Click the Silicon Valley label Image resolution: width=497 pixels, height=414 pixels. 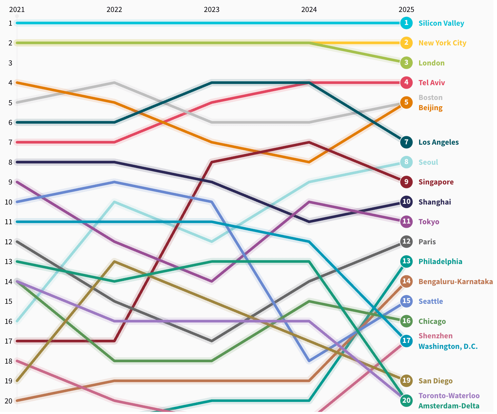pyautogui.click(x=441, y=23)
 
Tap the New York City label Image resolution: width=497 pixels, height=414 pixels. pyautogui.click(x=442, y=43)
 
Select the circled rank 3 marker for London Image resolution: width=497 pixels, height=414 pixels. pyautogui.click(x=406, y=63)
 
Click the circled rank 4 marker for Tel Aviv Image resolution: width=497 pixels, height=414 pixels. pyautogui.click(x=406, y=83)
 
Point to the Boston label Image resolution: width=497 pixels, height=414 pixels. pyautogui.click(x=430, y=98)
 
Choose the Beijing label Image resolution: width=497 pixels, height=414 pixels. pyautogui.click(x=430, y=108)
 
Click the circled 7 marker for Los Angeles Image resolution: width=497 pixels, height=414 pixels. pyautogui.click(x=406, y=142)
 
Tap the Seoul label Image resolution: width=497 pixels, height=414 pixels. pyautogui.click(x=428, y=162)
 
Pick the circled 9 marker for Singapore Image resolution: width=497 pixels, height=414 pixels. pyautogui.click(x=406, y=182)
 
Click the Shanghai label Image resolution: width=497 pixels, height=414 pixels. pyautogui.click(x=434, y=202)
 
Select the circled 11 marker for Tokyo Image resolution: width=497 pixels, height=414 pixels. pyautogui.click(x=406, y=222)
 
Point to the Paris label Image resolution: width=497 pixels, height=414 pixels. pyautogui.click(x=427, y=242)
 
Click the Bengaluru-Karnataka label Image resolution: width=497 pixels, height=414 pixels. pyautogui.click(x=455, y=282)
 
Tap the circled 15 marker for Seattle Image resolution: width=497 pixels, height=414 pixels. pyautogui.click(x=406, y=301)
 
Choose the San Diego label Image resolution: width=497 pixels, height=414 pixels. pyautogui.click(x=435, y=381)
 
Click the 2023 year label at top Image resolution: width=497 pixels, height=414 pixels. pyautogui.click(x=212, y=10)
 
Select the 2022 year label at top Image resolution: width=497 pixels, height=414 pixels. pyautogui.click(x=114, y=10)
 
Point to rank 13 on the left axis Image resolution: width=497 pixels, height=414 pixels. pyautogui.click(x=8, y=262)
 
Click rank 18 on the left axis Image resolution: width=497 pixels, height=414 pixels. pyautogui.click(x=8, y=361)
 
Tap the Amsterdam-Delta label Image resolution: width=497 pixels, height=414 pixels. pyautogui.click(x=449, y=406)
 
